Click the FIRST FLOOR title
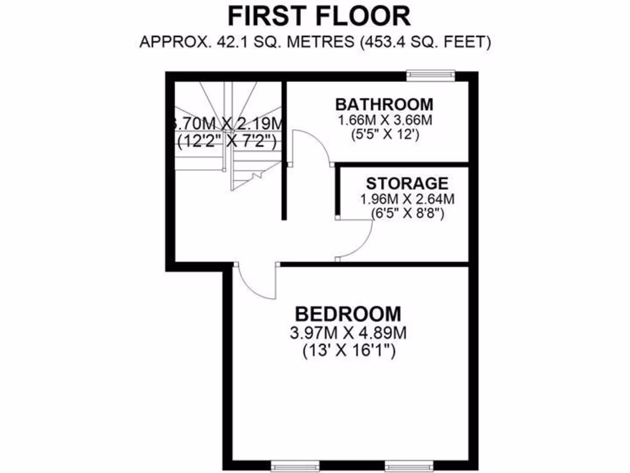[319, 15]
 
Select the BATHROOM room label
[383, 103]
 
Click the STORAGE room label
[407, 183]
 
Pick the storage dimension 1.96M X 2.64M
[407, 199]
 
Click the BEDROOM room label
[348, 314]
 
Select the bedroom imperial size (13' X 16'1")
[348, 352]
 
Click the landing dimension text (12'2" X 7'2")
[226, 142]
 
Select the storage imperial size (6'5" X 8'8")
[407, 214]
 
